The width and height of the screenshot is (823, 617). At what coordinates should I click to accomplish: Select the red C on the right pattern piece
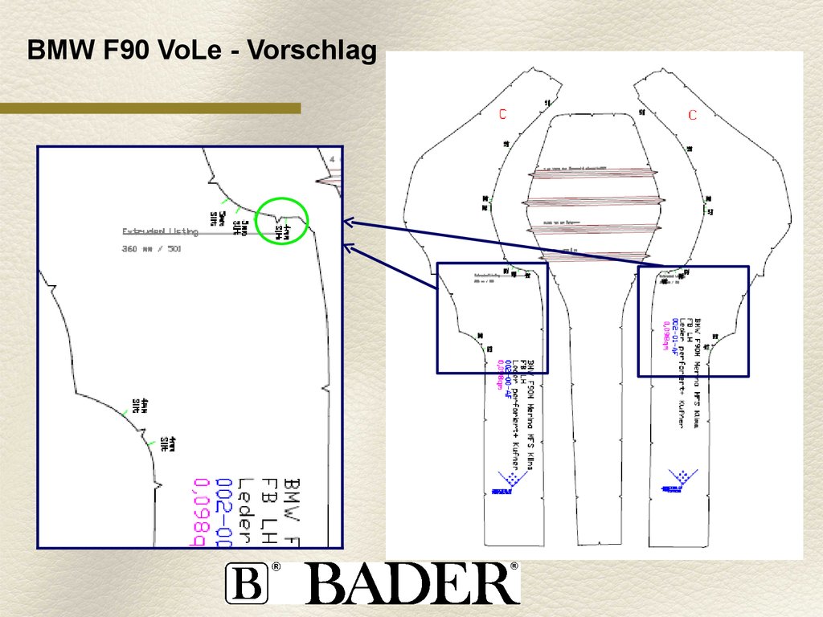click(692, 115)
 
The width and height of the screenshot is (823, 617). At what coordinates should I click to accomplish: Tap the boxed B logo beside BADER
click(246, 583)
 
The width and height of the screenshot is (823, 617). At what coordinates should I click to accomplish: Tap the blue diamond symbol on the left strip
click(506, 481)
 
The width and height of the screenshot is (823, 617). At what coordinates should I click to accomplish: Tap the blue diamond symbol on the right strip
click(678, 478)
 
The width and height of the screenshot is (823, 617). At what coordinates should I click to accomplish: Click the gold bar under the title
click(150, 108)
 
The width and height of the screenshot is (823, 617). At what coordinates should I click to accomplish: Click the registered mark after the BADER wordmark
click(514, 567)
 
